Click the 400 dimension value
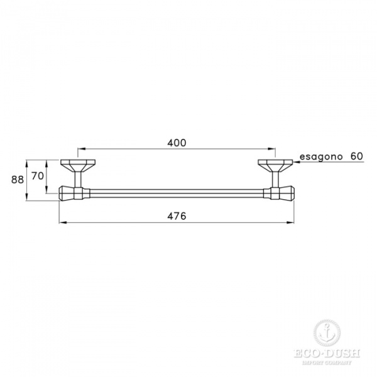coord(177,143)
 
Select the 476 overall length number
coord(177,216)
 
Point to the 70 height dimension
coord(37,176)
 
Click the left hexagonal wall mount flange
coord(77,167)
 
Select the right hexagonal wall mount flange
coord(275,167)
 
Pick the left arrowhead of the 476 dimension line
coord(62,222)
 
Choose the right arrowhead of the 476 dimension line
coord(292,222)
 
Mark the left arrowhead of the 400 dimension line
coord(80,150)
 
